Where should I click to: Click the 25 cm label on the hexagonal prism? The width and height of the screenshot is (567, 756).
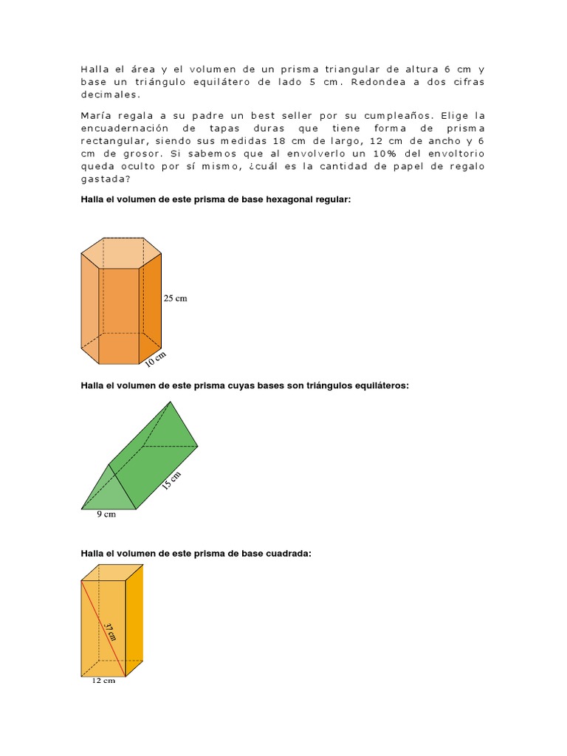point(175,298)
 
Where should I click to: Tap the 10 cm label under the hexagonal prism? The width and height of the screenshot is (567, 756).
point(156,360)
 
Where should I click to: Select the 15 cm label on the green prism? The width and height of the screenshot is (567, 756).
point(170,481)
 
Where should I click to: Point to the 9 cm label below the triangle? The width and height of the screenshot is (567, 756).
point(106,515)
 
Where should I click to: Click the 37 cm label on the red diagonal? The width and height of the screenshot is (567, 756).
point(110,631)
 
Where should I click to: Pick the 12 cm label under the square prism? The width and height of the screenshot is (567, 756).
point(103,681)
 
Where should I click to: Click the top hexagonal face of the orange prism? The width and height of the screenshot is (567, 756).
point(120,252)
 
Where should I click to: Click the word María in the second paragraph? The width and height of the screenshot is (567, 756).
point(97,116)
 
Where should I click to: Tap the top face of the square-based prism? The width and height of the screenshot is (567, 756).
point(112,572)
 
